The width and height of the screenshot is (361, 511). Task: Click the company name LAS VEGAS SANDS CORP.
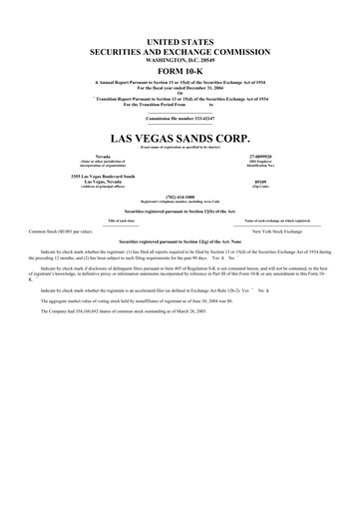(x=180, y=134)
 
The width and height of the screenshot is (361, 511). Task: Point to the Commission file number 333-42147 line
(x=180, y=119)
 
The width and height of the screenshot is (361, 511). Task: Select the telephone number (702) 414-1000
(x=180, y=197)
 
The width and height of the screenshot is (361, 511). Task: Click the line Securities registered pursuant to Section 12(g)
(x=180, y=243)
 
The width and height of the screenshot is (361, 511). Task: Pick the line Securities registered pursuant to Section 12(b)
(x=180, y=212)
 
